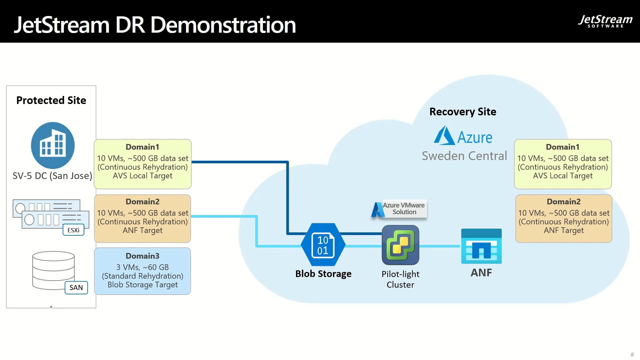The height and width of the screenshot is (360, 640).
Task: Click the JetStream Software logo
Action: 605,21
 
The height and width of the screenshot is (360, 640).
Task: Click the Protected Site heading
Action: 51,100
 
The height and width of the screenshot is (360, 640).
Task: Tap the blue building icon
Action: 53,145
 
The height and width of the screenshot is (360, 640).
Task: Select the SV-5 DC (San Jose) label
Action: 52,176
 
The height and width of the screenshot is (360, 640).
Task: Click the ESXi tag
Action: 73,230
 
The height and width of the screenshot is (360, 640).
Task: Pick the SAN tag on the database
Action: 76,287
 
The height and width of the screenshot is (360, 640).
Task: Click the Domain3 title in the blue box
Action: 142,256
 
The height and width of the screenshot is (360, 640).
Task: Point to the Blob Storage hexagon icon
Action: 323,245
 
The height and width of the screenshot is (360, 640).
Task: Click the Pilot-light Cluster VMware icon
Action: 400,245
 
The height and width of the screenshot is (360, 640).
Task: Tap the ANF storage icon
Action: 481,246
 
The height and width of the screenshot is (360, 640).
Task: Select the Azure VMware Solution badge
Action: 399,209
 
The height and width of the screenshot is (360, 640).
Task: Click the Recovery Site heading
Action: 463,112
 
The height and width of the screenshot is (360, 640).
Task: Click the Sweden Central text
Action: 464,156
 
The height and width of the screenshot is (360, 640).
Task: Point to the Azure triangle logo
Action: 444,136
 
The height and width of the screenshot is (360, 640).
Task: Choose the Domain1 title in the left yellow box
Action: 142,147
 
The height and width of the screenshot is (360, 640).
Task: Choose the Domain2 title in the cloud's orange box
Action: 563,202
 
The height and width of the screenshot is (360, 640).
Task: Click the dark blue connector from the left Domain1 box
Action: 240,162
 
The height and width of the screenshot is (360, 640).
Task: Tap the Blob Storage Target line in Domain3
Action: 142,285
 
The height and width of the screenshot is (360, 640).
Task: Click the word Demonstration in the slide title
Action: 223,25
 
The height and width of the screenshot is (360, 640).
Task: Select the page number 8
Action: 632,354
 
